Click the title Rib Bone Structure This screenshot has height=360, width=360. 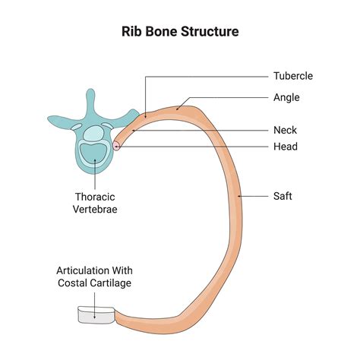pyautogui.click(x=180, y=33)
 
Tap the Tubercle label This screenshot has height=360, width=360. pyautogui.click(x=293, y=76)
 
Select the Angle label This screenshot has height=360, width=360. pyautogui.click(x=286, y=97)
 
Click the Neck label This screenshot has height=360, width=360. pyautogui.click(x=286, y=130)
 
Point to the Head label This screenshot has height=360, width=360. pyautogui.click(x=286, y=147)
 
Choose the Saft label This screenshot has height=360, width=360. pyautogui.click(x=283, y=196)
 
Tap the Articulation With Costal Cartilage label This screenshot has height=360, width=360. pyautogui.click(x=93, y=276)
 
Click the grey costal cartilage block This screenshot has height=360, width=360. pyautogui.click(x=95, y=314)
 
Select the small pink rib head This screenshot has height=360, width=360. pyautogui.click(x=118, y=144)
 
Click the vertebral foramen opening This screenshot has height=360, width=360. pyautogui.click(x=94, y=135)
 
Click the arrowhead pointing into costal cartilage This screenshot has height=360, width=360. pyautogui.click(x=93, y=308)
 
